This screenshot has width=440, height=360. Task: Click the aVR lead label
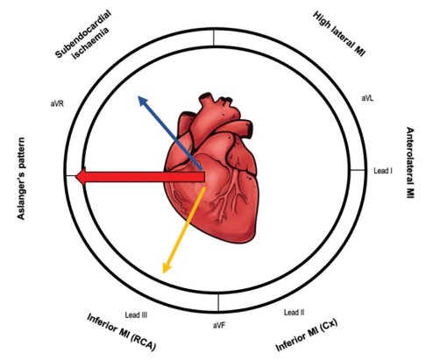(57, 103)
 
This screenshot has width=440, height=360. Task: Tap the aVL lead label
(367, 98)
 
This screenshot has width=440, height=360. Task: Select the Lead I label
(383, 171)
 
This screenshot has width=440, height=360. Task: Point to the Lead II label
(295, 313)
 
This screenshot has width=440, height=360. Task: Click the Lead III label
(136, 315)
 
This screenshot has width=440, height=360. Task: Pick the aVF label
(219, 326)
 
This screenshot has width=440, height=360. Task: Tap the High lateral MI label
(339, 33)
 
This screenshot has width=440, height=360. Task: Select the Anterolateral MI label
(410, 163)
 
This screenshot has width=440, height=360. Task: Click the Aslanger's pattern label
(21, 179)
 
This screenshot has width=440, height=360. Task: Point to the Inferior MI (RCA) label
(122, 332)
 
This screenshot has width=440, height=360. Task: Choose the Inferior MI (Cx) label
(307, 335)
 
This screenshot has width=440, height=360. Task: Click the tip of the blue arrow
(138, 96)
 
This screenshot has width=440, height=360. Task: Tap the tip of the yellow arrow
(163, 273)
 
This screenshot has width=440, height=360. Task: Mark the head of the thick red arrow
(76, 177)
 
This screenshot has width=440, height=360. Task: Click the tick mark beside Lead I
(358, 170)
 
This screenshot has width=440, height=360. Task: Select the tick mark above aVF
(218, 303)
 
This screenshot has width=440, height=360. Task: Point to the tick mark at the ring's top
(214, 38)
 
